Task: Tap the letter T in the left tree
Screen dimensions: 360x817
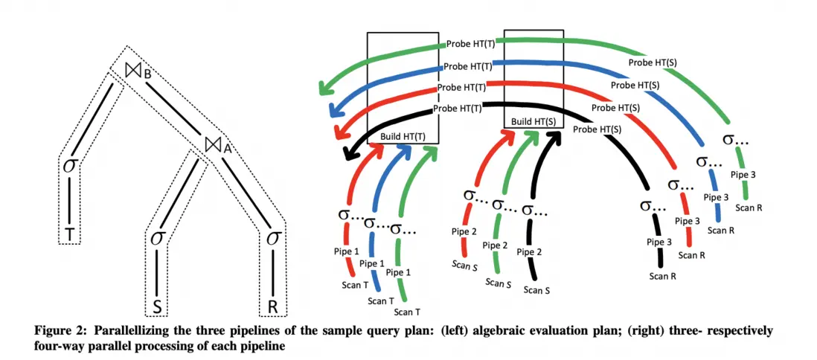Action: [71, 234]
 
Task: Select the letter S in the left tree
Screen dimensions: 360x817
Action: [157, 306]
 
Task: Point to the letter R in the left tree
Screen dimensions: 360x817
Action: [273, 306]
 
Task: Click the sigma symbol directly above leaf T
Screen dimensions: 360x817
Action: [69, 165]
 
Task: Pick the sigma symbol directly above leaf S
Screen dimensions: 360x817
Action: [157, 238]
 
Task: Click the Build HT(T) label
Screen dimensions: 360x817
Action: [402, 137]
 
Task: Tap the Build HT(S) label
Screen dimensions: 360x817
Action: [533, 120]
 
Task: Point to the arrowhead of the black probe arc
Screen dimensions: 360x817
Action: [348, 155]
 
